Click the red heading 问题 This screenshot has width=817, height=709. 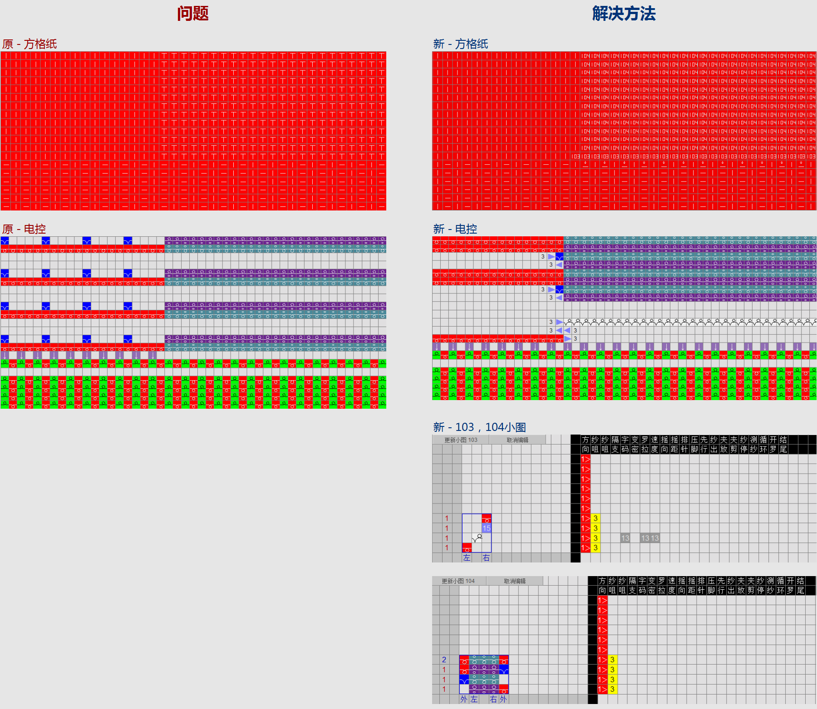coord(192,14)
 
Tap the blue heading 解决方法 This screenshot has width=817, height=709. coord(624,14)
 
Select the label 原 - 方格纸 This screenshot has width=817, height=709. coord(30,44)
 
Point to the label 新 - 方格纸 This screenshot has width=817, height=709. coord(460,44)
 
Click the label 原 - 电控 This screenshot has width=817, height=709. coord(24,229)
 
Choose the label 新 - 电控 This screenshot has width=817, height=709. coord(455,229)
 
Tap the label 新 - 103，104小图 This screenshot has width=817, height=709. coord(479,427)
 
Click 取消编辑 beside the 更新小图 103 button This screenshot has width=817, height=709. coord(517,440)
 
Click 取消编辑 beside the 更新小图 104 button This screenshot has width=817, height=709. coord(515,581)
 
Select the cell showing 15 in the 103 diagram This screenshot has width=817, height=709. coord(487,528)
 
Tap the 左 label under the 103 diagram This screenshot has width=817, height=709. coord(467,558)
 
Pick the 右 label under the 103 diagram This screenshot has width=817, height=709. coord(486,558)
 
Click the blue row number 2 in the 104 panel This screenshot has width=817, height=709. coord(444,660)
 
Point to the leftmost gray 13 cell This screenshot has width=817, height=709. coord(625,538)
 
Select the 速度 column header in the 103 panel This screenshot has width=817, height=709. coord(655,445)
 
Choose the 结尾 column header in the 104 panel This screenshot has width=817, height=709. coord(801,586)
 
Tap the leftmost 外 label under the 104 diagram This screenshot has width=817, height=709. coord(463,699)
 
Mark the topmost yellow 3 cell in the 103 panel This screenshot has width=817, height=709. coord(596,518)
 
